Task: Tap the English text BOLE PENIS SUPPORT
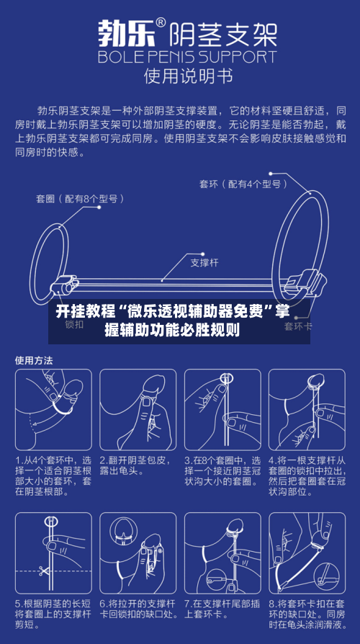pyautogui.click(x=187, y=56)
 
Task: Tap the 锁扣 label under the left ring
pyautogui.click(x=75, y=325)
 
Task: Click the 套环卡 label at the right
pyautogui.click(x=297, y=326)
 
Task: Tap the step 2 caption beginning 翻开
pyautogui.click(x=137, y=465)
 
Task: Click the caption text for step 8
pyautogui.click(x=306, y=614)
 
